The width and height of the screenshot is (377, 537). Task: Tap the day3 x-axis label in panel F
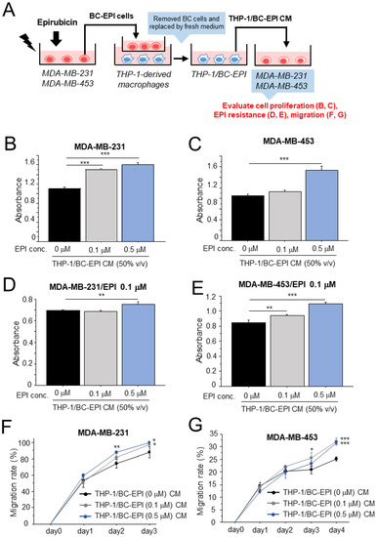(x=148, y=507)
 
